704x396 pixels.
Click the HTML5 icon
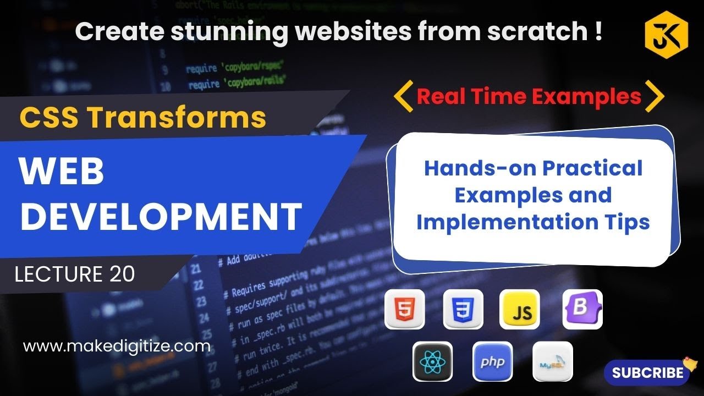pyautogui.click(x=404, y=310)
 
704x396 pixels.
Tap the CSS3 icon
pyautogui.click(x=463, y=310)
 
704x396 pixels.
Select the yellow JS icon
pyautogui.click(x=520, y=310)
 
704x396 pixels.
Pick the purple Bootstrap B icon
pyautogui.click(x=582, y=310)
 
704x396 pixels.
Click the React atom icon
pyautogui.click(x=432, y=361)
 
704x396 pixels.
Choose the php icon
pyautogui.click(x=492, y=361)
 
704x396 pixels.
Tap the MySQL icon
pyautogui.click(x=552, y=361)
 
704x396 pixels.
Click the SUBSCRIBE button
pyautogui.click(x=648, y=372)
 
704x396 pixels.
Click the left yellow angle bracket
pyautogui.click(x=403, y=96)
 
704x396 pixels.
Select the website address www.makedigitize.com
pyautogui.click(x=117, y=346)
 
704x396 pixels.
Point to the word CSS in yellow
pyautogui.click(x=48, y=117)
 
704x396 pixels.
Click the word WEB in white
pyautogui.click(x=62, y=172)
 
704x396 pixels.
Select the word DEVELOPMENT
pyautogui.click(x=161, y=216)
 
